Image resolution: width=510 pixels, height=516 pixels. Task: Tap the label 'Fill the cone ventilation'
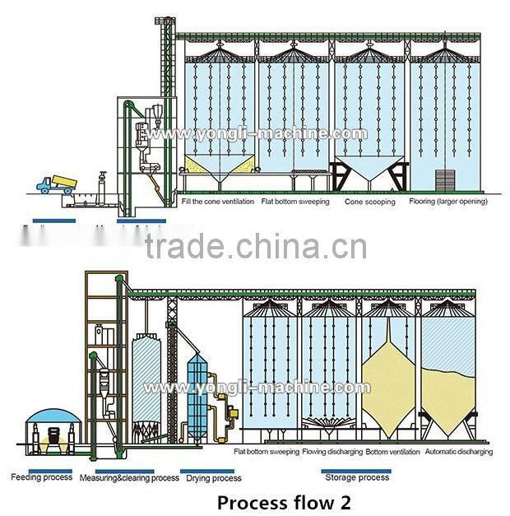216,202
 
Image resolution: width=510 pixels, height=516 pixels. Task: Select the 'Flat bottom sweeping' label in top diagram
295,202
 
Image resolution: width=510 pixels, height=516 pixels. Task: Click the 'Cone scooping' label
369,202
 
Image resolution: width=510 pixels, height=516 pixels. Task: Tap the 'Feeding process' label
41,476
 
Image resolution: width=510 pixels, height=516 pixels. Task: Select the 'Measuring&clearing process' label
129,477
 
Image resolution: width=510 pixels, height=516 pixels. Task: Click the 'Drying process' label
214,477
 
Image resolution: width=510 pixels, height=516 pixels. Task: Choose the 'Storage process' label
356,477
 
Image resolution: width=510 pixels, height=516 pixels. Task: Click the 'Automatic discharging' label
460,452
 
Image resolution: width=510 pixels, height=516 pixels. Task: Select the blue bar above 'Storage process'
356,470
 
